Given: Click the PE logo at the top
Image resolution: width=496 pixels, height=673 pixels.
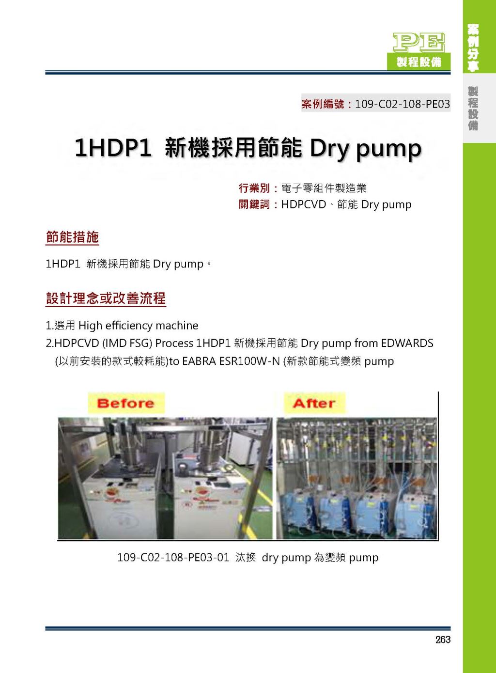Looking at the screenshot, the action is pyautogui.click(x=419, y=42).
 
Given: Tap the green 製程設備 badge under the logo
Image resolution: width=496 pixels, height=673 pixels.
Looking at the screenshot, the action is pyautogui.click(x=419, y=62).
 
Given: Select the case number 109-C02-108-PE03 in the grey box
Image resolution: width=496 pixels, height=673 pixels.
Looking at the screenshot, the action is pyautogui.click(x=402, y=104).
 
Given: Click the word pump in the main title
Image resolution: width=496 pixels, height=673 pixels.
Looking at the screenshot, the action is pyautogui.click(x=388, y=149).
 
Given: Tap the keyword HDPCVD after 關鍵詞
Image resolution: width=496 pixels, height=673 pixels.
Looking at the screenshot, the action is pyautogui.click(x=303, y=204).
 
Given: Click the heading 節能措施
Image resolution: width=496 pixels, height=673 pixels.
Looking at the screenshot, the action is pyautogui.click(x=72, y=237).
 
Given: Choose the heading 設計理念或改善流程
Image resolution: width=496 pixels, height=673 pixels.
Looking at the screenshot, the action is pyautogui.click(x=106, y=298).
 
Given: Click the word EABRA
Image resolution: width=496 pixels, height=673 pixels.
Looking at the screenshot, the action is pyautogui.click(x=199, y=361).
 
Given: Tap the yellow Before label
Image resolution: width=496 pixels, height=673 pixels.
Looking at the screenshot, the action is pyautogui.click(x=126, y=403).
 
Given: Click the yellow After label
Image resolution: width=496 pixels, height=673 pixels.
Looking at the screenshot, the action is pyautogui.click(x=314, y=403).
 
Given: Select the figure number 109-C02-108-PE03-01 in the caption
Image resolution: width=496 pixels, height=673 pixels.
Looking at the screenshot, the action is pyautogui.click(x=173, y=558).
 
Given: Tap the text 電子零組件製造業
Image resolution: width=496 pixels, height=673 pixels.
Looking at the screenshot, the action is pyautogui.click(x=324, y=188).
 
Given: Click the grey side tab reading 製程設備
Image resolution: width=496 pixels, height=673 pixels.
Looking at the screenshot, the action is pyautogui.click(x=473, y=108).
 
